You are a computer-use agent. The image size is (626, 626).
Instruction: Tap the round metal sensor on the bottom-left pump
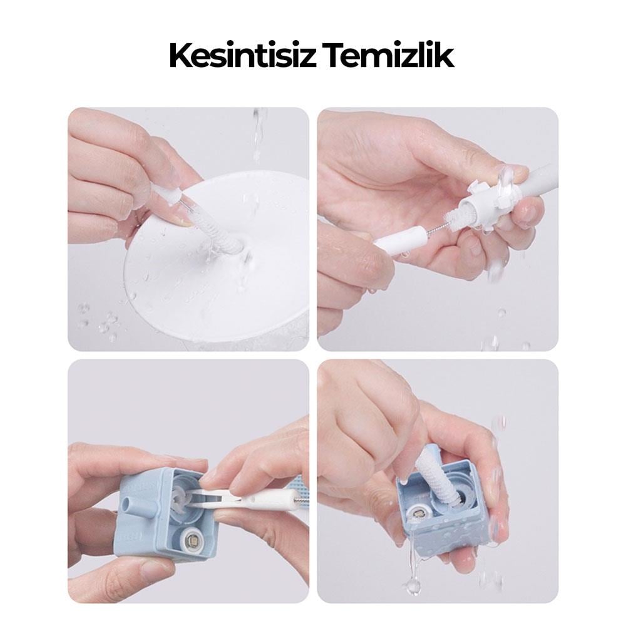(190, 541)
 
